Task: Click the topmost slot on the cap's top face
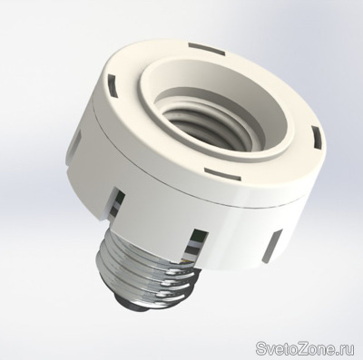pos(207,50)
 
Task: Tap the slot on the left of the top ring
pos(112,85)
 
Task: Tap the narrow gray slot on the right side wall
pos(272,246)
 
